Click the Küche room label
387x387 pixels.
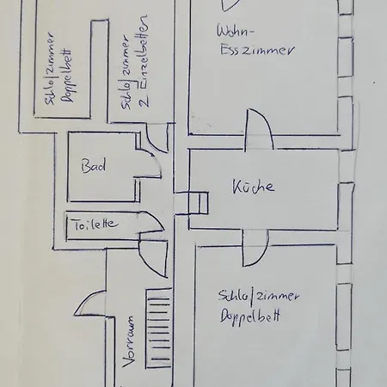tap(253, 187)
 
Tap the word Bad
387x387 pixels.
tap(93, 166)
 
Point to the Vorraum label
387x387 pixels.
tap(128, 341)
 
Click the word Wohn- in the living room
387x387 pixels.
tap(235, 31)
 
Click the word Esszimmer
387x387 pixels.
tap(257, 51)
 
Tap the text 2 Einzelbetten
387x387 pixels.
tap(144, 61)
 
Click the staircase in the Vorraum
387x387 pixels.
tap(159, 329)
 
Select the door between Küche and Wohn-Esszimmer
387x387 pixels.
tap(259, 130)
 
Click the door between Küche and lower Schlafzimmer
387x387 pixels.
tap(255, 248)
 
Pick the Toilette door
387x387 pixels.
tap(151, 221)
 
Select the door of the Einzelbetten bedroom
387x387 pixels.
tap(157, 138)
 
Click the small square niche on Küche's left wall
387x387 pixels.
tap(198, 203)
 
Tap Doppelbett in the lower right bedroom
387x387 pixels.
tap(250, 316)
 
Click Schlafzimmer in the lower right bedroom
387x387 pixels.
tap(258, 295)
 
